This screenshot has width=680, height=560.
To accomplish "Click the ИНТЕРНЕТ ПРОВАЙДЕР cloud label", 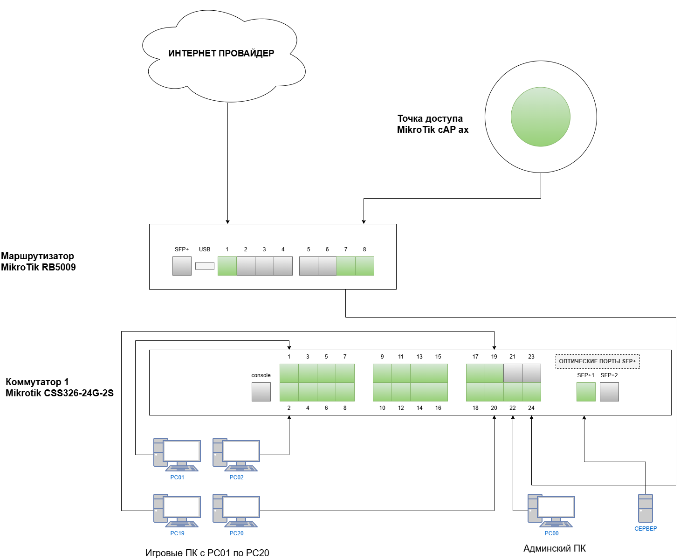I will (x=221, y=53).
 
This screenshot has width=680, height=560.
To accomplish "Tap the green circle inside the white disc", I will (x=541, y=117).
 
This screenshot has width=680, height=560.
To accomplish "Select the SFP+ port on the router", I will (x=182, y=266).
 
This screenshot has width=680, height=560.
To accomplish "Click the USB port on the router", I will (x=205, y=266).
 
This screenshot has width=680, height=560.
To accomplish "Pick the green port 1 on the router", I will (x=227, y=266).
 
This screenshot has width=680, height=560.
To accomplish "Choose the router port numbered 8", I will (x=364, y=266).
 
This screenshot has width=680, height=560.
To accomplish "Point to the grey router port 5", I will (x=309, y=266).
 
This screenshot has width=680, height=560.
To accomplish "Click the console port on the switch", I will (x=261, y=392).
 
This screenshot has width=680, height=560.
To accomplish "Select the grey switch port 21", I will (x=513, y=373).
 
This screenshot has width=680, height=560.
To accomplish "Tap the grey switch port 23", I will (x=531, y=373).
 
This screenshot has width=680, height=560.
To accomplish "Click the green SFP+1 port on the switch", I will (x=586, y=392).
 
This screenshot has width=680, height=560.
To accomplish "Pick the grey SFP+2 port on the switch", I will (x=609, y=392).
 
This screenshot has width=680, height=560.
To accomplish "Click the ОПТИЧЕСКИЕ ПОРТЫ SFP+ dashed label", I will (x=598, y=361).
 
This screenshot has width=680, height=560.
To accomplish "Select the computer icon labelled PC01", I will (x=177, y=454).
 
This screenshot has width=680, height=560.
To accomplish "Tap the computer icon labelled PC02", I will (x=236, y=454).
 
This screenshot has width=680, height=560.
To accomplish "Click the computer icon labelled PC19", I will (x=177, y=510).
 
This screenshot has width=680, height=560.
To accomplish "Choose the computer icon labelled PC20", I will (x=236, y=510).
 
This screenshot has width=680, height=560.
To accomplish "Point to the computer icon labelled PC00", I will (x=551, y=510).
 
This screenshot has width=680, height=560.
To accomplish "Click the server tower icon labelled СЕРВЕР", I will (x=646, y=508).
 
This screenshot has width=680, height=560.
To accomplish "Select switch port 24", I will (x=531, y=392).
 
